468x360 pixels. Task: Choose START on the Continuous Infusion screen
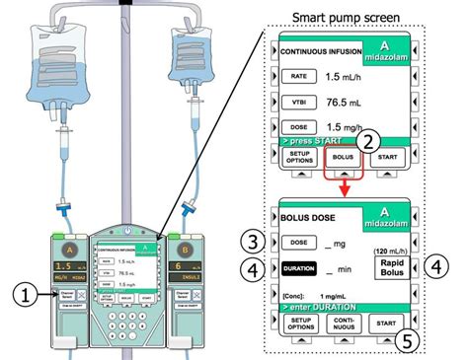[x=392, y=157]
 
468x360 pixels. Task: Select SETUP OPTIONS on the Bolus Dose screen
[x=295, y=323]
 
